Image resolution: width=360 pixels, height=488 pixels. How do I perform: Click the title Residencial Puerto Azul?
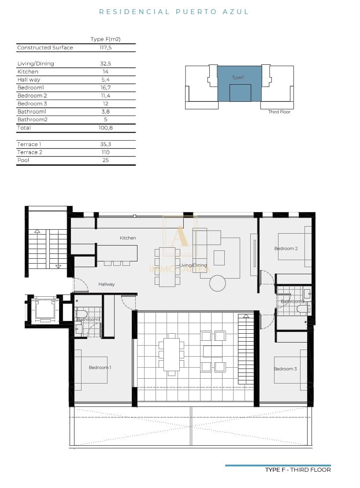pyautogui.click(x=174, y=12)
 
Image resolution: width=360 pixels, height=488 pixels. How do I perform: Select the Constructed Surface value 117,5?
pyautogui.click(x=105, y=48)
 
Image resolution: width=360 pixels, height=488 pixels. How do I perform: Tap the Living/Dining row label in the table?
pyautogui.click(x=35, y=63)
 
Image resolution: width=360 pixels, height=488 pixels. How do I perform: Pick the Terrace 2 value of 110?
pyautogui.click(x=105, y=152)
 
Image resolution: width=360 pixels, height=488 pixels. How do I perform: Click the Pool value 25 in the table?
pyautogui.click(x=105, y=160)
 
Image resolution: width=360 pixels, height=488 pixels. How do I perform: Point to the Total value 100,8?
pyautogui.click(x=105, y=128)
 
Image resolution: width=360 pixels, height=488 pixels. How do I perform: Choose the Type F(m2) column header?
pyautogui.click(x=105, y=39)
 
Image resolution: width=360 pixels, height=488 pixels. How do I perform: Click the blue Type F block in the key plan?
pyautogui.click(x=239, y=83)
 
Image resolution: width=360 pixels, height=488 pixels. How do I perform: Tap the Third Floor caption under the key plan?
pyautogui.click(x=279, y=112)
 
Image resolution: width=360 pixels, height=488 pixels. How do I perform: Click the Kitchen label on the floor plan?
pyautogui.click(x=128, y=238)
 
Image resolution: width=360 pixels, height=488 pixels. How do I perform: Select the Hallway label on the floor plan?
pyautogui.click(x=106, y=284)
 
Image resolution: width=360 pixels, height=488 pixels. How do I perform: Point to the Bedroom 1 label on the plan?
pyautogui.click(x=100, y=367)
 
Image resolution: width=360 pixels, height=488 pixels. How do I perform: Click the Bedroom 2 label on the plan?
pyautogui.click(x=286, y=249)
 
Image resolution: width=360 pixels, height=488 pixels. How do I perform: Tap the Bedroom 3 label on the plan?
pyautogui.click(x=286, y=369)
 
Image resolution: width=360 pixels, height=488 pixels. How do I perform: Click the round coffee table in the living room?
pyautogui.click(x=217, y=283)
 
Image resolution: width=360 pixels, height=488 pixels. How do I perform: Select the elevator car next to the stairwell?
pyautogui.click(x=45, y=309)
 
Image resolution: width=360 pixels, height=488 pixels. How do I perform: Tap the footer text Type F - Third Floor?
pyautogui.click(x=298, y=470)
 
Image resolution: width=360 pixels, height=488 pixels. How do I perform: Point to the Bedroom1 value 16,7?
pyautogui.click(x=105, y=88)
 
